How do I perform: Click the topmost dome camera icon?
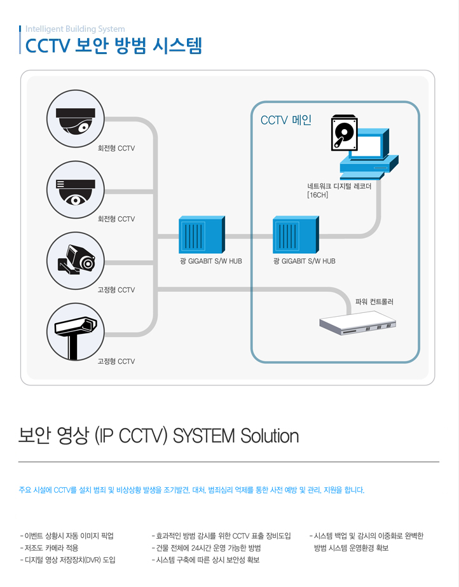tap(76, 118)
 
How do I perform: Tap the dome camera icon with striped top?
tap(76, 190)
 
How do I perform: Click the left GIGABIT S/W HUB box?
tap(201, 235)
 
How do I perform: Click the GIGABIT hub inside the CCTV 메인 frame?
tap(294, 235)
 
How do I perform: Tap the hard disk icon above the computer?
tap(344, 133)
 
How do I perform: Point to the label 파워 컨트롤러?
tap(374, 301)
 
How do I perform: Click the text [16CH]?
tap(317, 195)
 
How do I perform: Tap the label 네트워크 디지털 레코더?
tap(339, 186)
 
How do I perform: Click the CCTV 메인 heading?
tap(285, 120)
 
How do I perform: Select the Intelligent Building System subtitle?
tap(75, 29)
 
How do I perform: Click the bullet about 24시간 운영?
tap(207, 548)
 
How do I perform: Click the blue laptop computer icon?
tap(367, 156)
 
